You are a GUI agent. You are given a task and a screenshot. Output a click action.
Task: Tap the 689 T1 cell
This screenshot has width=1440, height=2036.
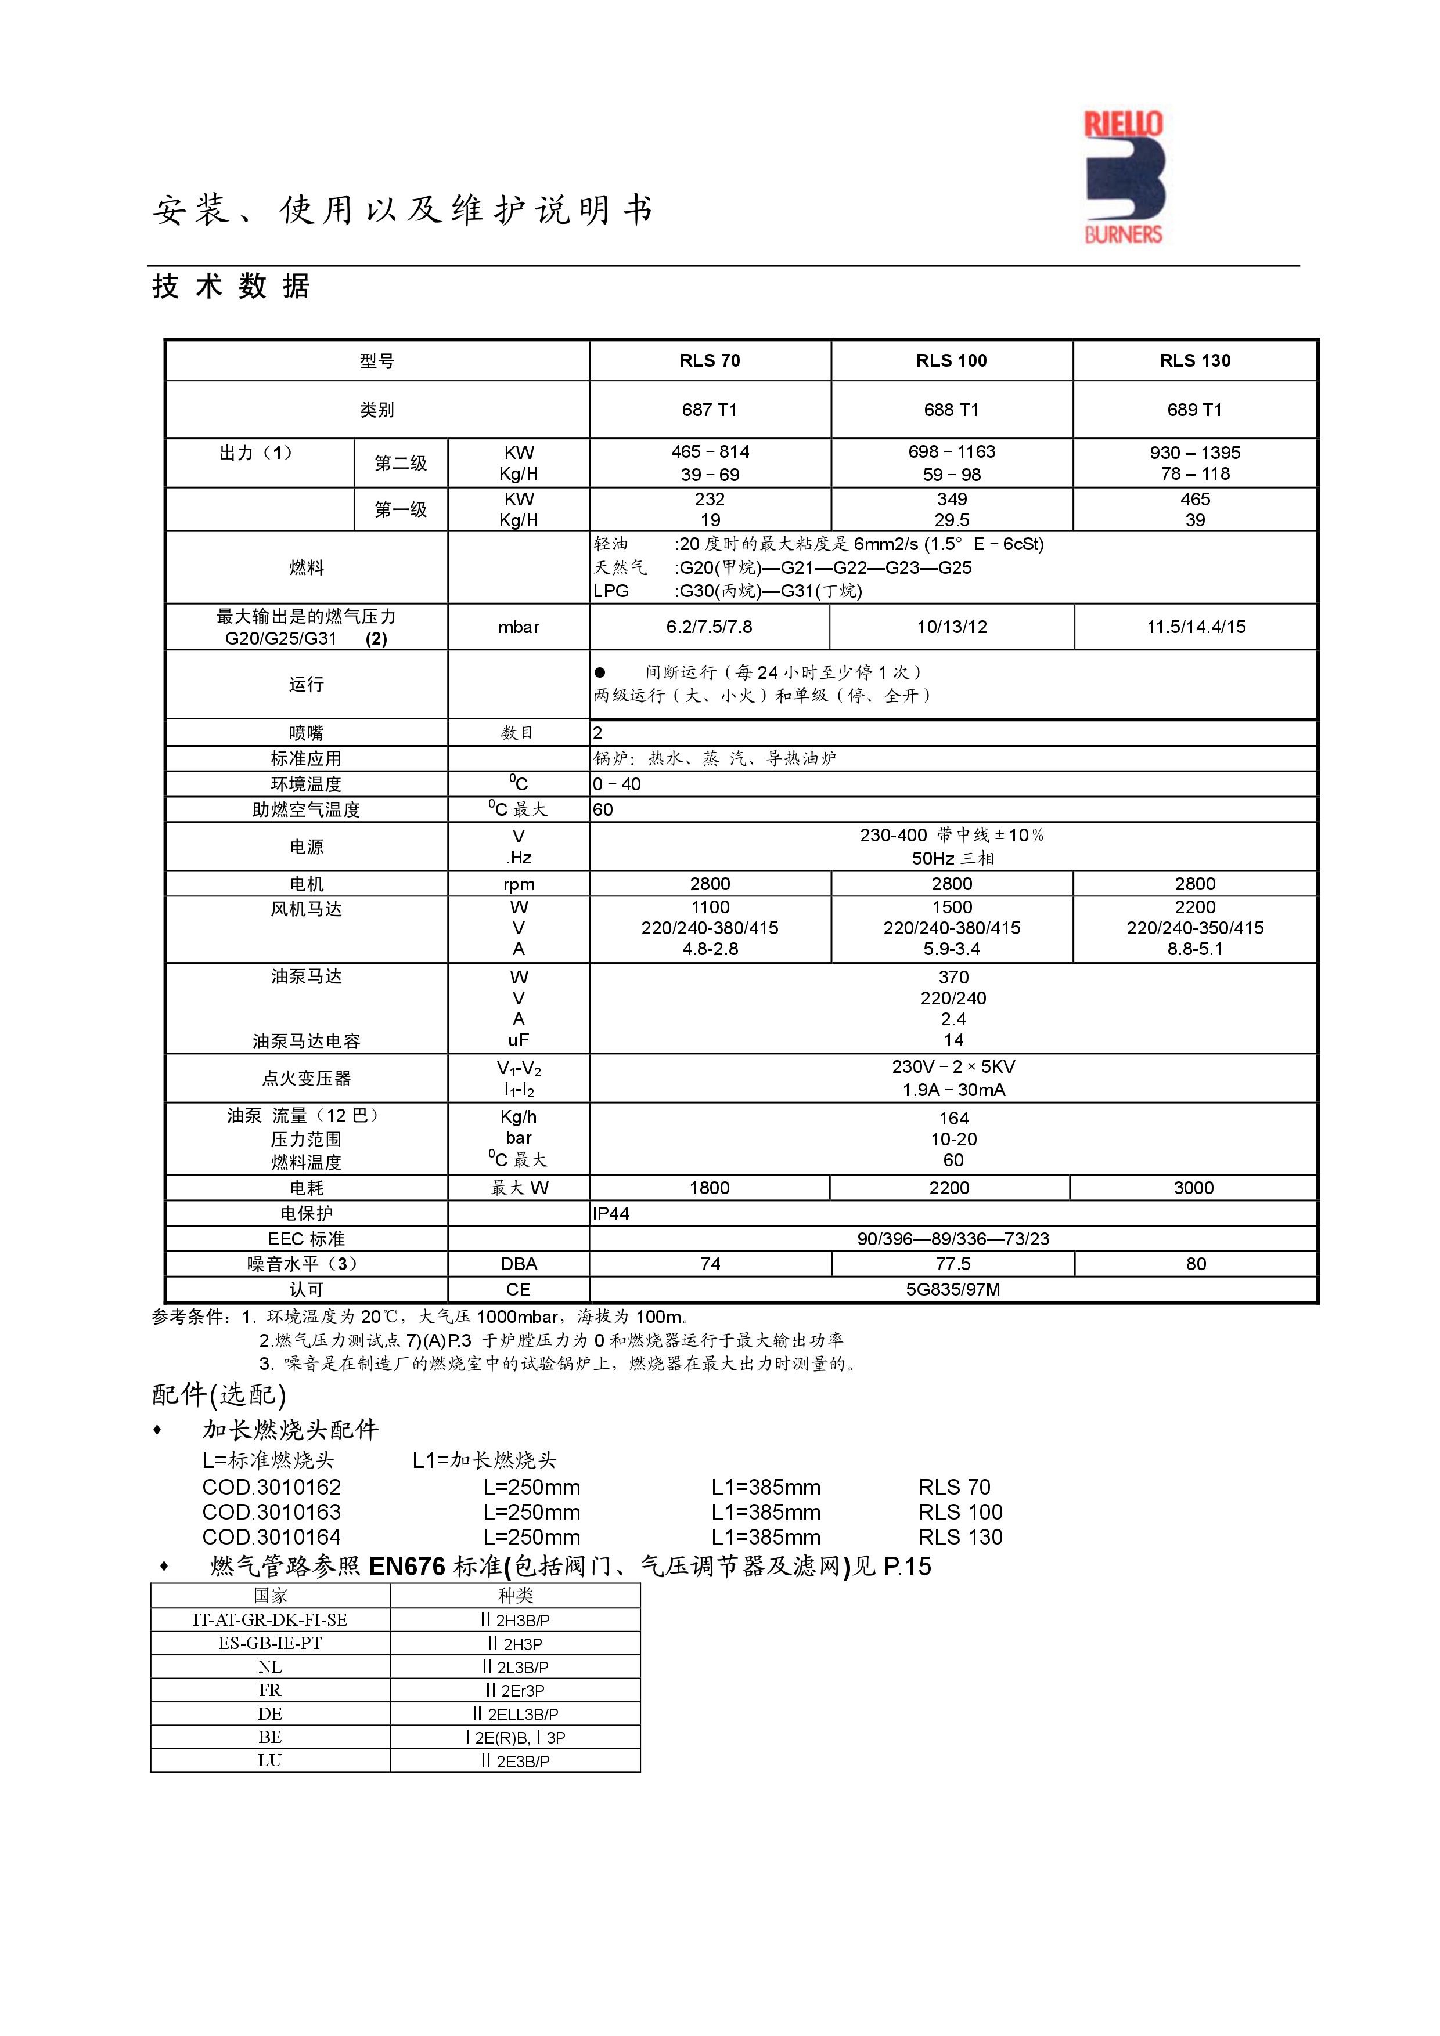pyautogui.click(x=1194, y=410)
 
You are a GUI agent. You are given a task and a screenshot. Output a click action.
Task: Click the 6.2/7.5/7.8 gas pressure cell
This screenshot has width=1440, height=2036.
pyautogui.click(x=709, y=627)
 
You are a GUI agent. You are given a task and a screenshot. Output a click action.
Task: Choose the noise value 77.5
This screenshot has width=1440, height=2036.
pyautogui.click(x=953, y=1264)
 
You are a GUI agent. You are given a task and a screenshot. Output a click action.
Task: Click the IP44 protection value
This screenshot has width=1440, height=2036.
pyautogui.click(x=611, y=1213)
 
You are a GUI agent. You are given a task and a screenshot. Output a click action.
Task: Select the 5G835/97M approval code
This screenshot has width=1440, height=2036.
pyautogui.click(x=953, y=1289)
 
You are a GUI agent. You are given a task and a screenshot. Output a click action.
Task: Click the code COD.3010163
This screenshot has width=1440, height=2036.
pyautogui.click(x=272, y=1512)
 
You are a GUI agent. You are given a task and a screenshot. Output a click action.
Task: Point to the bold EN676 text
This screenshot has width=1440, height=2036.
pyautogui.click(x=406, y=1567)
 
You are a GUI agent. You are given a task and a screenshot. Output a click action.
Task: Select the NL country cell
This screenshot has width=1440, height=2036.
pyautogui.click(x=270, y=1667)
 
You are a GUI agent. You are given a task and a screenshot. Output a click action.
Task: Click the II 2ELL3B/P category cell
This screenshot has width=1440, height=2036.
pyautogui.click(x=516, y=1714)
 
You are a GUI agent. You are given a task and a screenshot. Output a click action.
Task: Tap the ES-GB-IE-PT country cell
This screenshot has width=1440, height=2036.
pyautogui.click(x=270, y=1643)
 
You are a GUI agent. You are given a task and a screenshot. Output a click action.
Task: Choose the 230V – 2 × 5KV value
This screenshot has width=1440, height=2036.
pyautogui.click(x=953, y=1067)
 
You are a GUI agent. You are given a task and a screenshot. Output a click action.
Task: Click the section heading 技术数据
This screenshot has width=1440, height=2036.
pyautogui.click(x=231, y=287)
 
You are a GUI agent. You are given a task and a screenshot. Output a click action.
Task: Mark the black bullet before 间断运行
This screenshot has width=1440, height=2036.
pyautogui.click(x=600, y=672)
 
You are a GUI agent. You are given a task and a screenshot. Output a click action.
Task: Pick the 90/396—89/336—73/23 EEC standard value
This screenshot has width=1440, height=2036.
pyautogui.click(x=953, y=1239)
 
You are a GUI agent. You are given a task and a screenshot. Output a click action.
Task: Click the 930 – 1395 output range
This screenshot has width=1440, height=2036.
pyautogui.click(x=1194, y=452)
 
